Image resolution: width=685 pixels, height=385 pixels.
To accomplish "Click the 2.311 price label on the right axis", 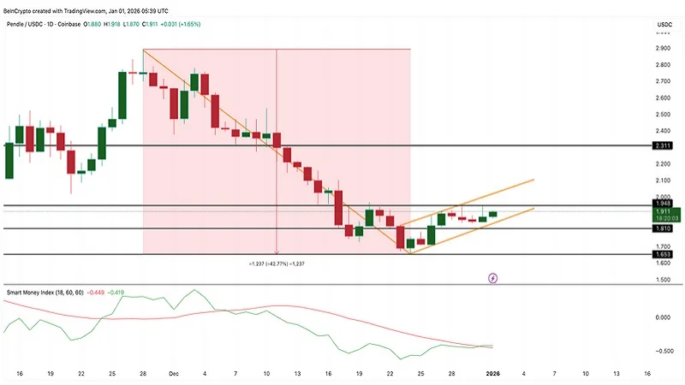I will point(662,146).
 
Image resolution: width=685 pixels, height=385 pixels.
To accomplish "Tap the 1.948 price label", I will point(662,204).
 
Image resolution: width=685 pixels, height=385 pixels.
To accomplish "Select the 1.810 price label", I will point(662,229).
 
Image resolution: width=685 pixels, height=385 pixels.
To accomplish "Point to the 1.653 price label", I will point(662,254).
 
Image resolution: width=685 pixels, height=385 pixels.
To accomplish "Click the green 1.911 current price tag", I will point(662,210).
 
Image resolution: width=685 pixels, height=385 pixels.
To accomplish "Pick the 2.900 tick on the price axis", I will point(663,49).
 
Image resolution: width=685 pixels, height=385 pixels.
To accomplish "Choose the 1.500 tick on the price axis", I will point(663,280).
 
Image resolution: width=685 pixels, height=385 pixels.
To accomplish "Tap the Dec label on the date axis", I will point(174,374).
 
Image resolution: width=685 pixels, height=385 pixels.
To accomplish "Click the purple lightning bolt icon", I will point(493,278).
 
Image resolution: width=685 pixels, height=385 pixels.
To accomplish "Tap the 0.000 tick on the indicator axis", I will point(663,317).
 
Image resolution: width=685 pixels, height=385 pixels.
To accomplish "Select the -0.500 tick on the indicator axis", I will point(662,351).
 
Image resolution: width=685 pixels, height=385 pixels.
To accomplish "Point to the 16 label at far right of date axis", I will point(646,374).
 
